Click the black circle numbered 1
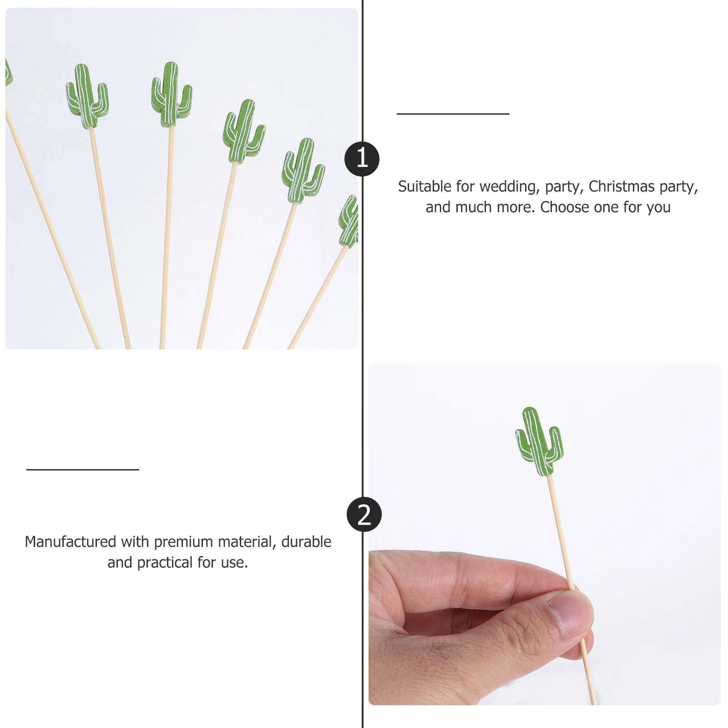362,159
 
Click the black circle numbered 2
364,515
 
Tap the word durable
306,542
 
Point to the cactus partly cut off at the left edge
8,73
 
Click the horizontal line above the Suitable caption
453,114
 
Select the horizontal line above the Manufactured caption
82,470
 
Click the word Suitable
425,187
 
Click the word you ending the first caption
658,208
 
